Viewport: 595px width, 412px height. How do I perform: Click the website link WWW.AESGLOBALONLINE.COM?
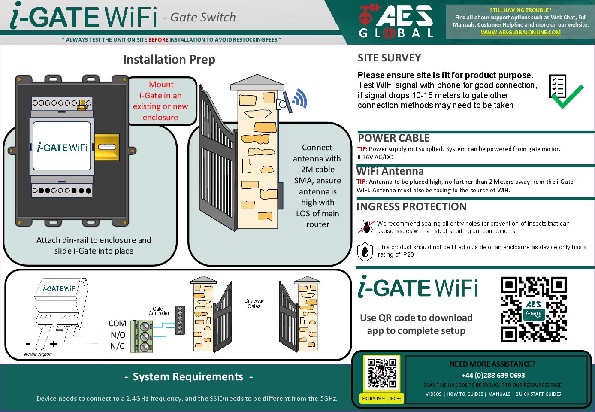click(520, 32)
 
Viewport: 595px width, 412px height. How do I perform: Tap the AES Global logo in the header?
click(396, 21)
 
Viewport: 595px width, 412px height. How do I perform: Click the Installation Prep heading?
click(169, 59)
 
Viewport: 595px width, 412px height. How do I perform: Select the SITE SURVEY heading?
click(389, 58)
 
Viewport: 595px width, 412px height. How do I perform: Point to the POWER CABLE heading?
click(393, 138)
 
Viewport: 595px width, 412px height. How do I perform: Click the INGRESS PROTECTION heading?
click(411, 207)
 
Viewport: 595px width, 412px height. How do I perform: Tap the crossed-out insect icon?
click(366, 226)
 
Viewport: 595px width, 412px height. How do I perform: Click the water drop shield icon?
click(365, 251)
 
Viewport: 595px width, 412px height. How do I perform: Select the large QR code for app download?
click(534, 309)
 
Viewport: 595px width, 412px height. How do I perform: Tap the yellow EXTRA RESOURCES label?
click(382, 399)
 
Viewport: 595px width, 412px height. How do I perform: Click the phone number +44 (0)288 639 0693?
click(493, 375)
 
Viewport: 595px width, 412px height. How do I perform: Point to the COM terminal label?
click(117, 324)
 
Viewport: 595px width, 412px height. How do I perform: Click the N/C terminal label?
click(117, 346)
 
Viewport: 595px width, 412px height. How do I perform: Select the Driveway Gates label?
click(254, 303)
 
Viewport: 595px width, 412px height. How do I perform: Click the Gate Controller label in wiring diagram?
click(159, 311)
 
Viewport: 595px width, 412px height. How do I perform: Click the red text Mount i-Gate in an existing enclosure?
click(161, 101)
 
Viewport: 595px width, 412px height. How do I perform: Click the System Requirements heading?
click(188, 377)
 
